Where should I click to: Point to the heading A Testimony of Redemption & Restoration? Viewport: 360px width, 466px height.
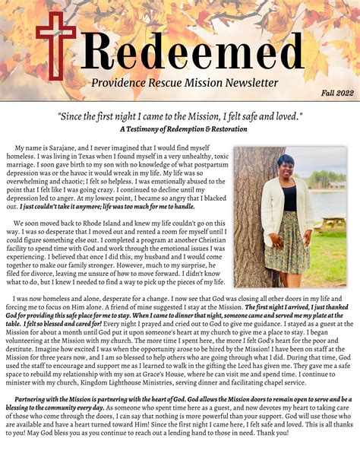tap(179, 129)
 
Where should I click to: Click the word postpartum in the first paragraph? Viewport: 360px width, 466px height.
tap(188, 166)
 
